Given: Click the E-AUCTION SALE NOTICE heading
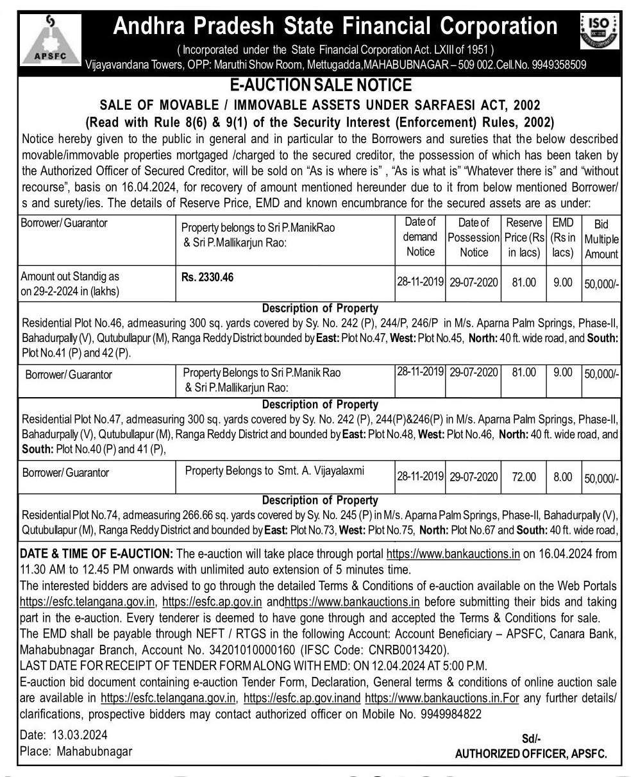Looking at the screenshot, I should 319,85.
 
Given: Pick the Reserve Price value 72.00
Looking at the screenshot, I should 523,477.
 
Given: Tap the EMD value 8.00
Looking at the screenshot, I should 562,477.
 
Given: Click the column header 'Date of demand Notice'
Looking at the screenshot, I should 420,237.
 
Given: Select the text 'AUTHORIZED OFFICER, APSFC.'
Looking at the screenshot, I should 530,755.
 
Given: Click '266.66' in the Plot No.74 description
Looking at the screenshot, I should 202,515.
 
